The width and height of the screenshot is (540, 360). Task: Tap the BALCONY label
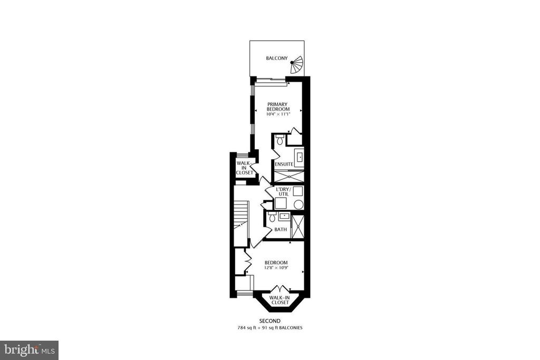pos(276,58)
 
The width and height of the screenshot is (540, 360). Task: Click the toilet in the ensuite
pos(279,139)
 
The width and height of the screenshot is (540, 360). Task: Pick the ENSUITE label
pos(284,164)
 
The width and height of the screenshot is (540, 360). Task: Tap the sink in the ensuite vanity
pos(300,157)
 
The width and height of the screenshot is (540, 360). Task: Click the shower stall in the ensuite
pos(288,176)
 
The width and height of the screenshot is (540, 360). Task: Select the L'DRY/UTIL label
pos(283,192)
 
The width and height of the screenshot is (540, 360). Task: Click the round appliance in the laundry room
pos(298,205)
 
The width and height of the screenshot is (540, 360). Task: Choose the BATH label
pos(281,230)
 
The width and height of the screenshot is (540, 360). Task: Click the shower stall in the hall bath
pos(297,227)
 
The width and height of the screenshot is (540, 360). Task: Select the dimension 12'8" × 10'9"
pos(276,267)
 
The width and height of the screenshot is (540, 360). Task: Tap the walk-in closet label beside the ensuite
pos(245,168)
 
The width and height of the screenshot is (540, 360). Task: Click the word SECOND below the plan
pos(269,321)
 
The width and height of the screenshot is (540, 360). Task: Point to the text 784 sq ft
pos(247,328)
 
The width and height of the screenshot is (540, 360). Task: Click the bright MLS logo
pos(29,351)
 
